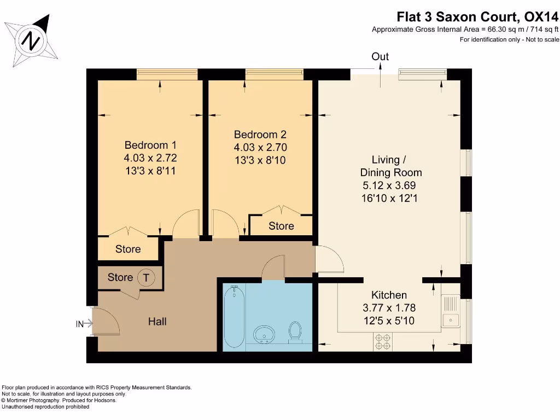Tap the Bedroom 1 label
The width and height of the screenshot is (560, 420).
150,145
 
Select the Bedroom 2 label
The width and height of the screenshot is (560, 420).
260,135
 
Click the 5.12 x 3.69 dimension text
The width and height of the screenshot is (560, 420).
389,185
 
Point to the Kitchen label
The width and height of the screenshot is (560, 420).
389,295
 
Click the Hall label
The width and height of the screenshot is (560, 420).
157,322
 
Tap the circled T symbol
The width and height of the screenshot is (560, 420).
145,277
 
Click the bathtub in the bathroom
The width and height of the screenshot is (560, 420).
234,317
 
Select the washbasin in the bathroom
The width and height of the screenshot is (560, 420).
264,335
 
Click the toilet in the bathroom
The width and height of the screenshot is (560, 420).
295,332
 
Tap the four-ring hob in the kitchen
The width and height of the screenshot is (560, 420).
382,341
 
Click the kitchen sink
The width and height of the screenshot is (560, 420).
451,311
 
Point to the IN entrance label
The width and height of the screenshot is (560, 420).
80,324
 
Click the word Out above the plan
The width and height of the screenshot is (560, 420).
380,56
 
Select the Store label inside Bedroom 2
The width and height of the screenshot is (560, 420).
281,226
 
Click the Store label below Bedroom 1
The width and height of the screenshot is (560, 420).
128,249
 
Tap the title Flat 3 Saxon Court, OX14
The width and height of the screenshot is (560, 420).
477,17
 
